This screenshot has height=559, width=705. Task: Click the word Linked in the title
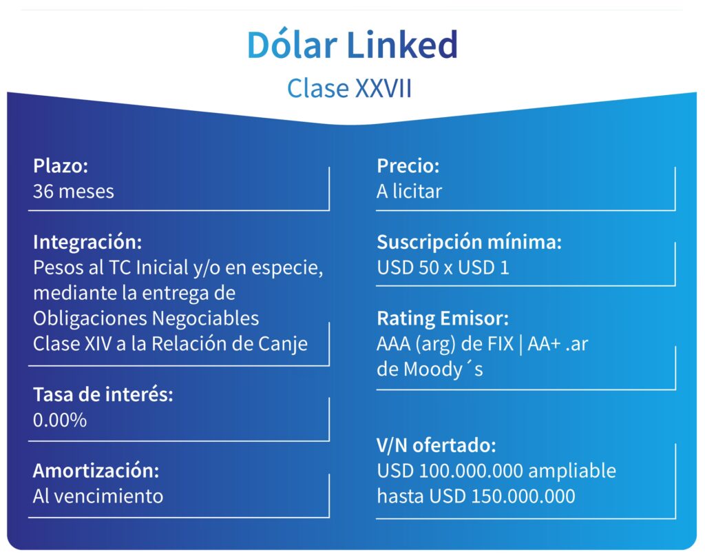pyautogui.click(x=402, y=45)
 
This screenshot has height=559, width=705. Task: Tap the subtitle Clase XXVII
pyautogui.click(x=350, y=89)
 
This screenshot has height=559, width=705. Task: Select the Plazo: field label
pyautogui.click(x=61, y=166)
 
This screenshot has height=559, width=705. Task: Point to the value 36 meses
pyautogui.click(x=74, y=191)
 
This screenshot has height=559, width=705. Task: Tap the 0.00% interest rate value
pyautogui.click(x=60, y=420)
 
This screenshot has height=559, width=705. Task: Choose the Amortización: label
pyautogui.click(x=96, y=471)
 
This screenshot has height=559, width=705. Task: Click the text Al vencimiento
pyautogui.click(x=98, y=496)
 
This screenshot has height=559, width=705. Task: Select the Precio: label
pyautogui.click(x=408, y=166)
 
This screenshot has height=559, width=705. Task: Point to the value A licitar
pyautogui.click(x=409, y=191)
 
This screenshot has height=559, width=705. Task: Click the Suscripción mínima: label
pyautogui.click(x=469, y=242)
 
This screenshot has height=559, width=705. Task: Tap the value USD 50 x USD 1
pyautogui.click(x=443, y=267)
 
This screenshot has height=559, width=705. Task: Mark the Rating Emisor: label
pyautogui.click(x=443, y=318)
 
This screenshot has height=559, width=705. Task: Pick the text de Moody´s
pyautogui.click(x=430, y=369)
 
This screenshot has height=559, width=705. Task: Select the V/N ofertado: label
pyautogui.click(x=436, y=445)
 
